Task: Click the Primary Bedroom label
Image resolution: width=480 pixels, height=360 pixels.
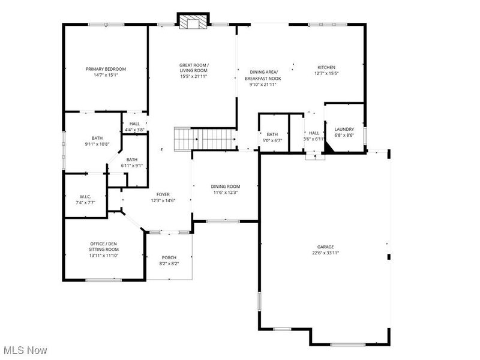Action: (x=106, y=69)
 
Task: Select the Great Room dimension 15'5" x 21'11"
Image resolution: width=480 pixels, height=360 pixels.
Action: (x=193, y=76)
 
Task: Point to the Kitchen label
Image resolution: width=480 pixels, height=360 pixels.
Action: (x=326, y=67)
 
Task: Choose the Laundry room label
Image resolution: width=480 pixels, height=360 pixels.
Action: (x=344, y=129)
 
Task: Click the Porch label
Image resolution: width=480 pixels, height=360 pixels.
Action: (x=169, y=257)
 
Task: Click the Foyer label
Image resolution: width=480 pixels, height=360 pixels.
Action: (x=163, y=194)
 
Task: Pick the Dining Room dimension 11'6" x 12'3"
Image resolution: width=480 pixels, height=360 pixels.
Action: (x=226, y=193)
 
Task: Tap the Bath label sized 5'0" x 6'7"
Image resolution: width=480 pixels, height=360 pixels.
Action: (x=272, y=134)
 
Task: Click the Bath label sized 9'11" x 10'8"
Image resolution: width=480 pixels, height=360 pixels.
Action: (x=97, y=137)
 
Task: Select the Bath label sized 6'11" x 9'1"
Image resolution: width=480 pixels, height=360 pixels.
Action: (x=131, y=159)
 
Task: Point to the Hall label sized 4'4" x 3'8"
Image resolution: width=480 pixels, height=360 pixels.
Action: (x=134, y=124)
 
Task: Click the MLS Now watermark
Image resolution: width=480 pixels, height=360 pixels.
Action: (x=25, y=350)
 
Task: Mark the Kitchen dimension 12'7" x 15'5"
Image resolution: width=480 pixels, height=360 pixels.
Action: (x=326, y=74)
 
